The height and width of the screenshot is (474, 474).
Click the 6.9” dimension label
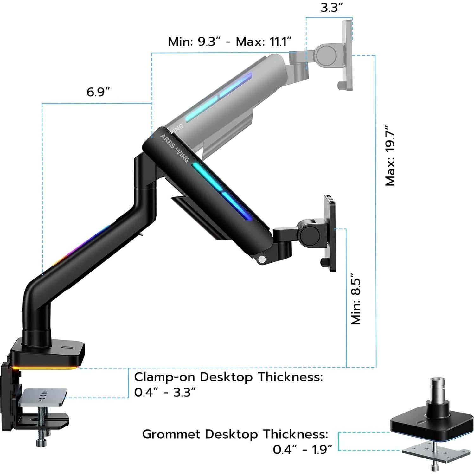98,92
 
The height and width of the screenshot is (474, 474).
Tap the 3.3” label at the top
332,8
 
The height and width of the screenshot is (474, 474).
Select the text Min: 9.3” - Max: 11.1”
230,42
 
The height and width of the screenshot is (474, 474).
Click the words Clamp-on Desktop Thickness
228,377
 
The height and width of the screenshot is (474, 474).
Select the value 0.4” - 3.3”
165,392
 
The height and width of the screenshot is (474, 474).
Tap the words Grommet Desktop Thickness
235,434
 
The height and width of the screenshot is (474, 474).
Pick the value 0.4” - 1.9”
302,449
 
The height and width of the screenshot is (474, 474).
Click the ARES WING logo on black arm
174,148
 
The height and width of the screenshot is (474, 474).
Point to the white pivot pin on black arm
262,259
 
